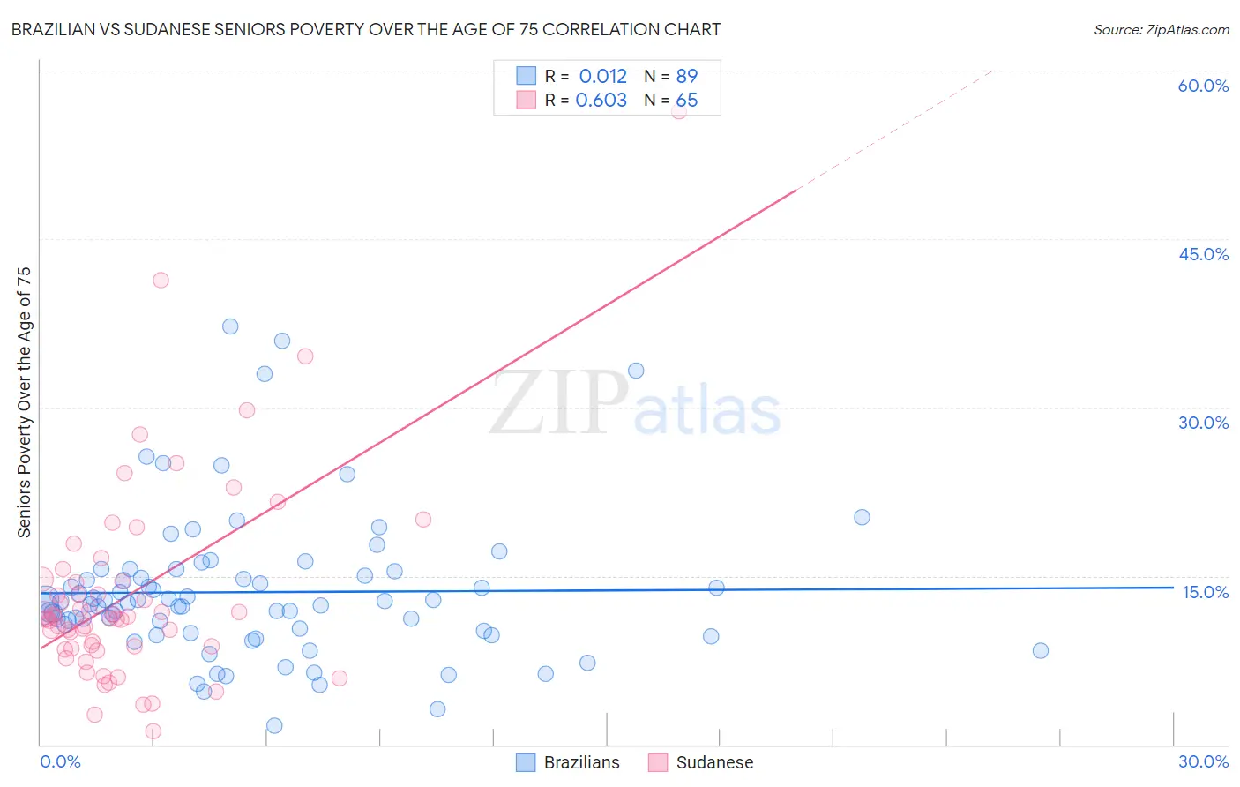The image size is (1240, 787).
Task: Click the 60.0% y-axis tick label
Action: [1203, 86]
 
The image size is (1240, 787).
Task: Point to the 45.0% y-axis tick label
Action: [1203, 254]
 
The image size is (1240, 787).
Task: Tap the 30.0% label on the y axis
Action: [1203, 423]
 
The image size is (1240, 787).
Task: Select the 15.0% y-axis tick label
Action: [1205, 592]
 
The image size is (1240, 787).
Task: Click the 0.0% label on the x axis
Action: [60, 761]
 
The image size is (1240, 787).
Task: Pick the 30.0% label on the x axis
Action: [1203, 761]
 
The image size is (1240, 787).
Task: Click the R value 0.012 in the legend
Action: [602, 77]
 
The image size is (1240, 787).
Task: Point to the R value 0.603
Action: [601, 101]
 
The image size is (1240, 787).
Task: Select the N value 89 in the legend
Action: [686, 77]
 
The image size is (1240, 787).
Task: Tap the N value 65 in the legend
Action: [686, 101]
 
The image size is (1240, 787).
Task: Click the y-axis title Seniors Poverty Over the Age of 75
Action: [25, 402]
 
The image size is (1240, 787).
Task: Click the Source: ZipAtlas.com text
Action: [1161, 30]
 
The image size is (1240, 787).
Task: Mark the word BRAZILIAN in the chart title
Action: [63, 30]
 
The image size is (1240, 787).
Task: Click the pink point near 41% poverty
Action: [161, 280]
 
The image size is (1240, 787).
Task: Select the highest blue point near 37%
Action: [230, 326]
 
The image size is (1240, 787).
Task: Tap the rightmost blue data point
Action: [1041, 650]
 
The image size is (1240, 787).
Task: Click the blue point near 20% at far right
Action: [862, 517]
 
